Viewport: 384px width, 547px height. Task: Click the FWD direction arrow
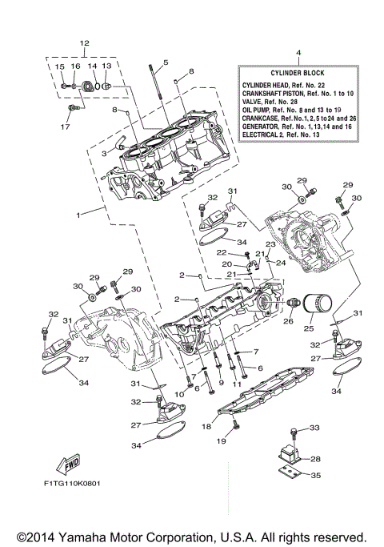pyautogui.click(x=66, y=466)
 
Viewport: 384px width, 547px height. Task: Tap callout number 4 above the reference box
pyautogui.click(x=298, y=54)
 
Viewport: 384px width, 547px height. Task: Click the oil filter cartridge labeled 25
pyautogui.click(x=316, y=305)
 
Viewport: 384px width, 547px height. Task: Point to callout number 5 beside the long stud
pyautogui.click(x=165, y=62)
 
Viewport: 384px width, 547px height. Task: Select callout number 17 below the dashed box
pyautogui.click(x=66, y=125)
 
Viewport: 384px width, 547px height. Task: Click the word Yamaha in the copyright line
pyautogui.click(x=86, y=536)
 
